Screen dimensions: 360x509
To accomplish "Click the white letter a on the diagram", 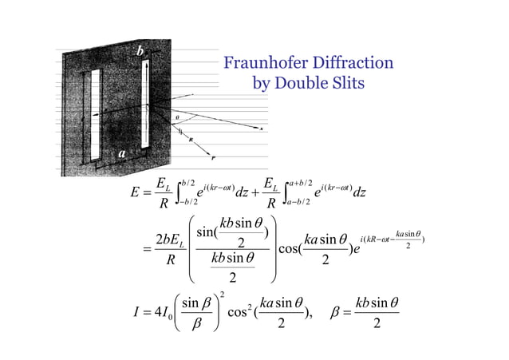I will [x=122, y=152].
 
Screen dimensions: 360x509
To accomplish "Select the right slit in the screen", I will [x=146, y=105].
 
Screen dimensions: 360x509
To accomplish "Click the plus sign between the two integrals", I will [x=260, y=192].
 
